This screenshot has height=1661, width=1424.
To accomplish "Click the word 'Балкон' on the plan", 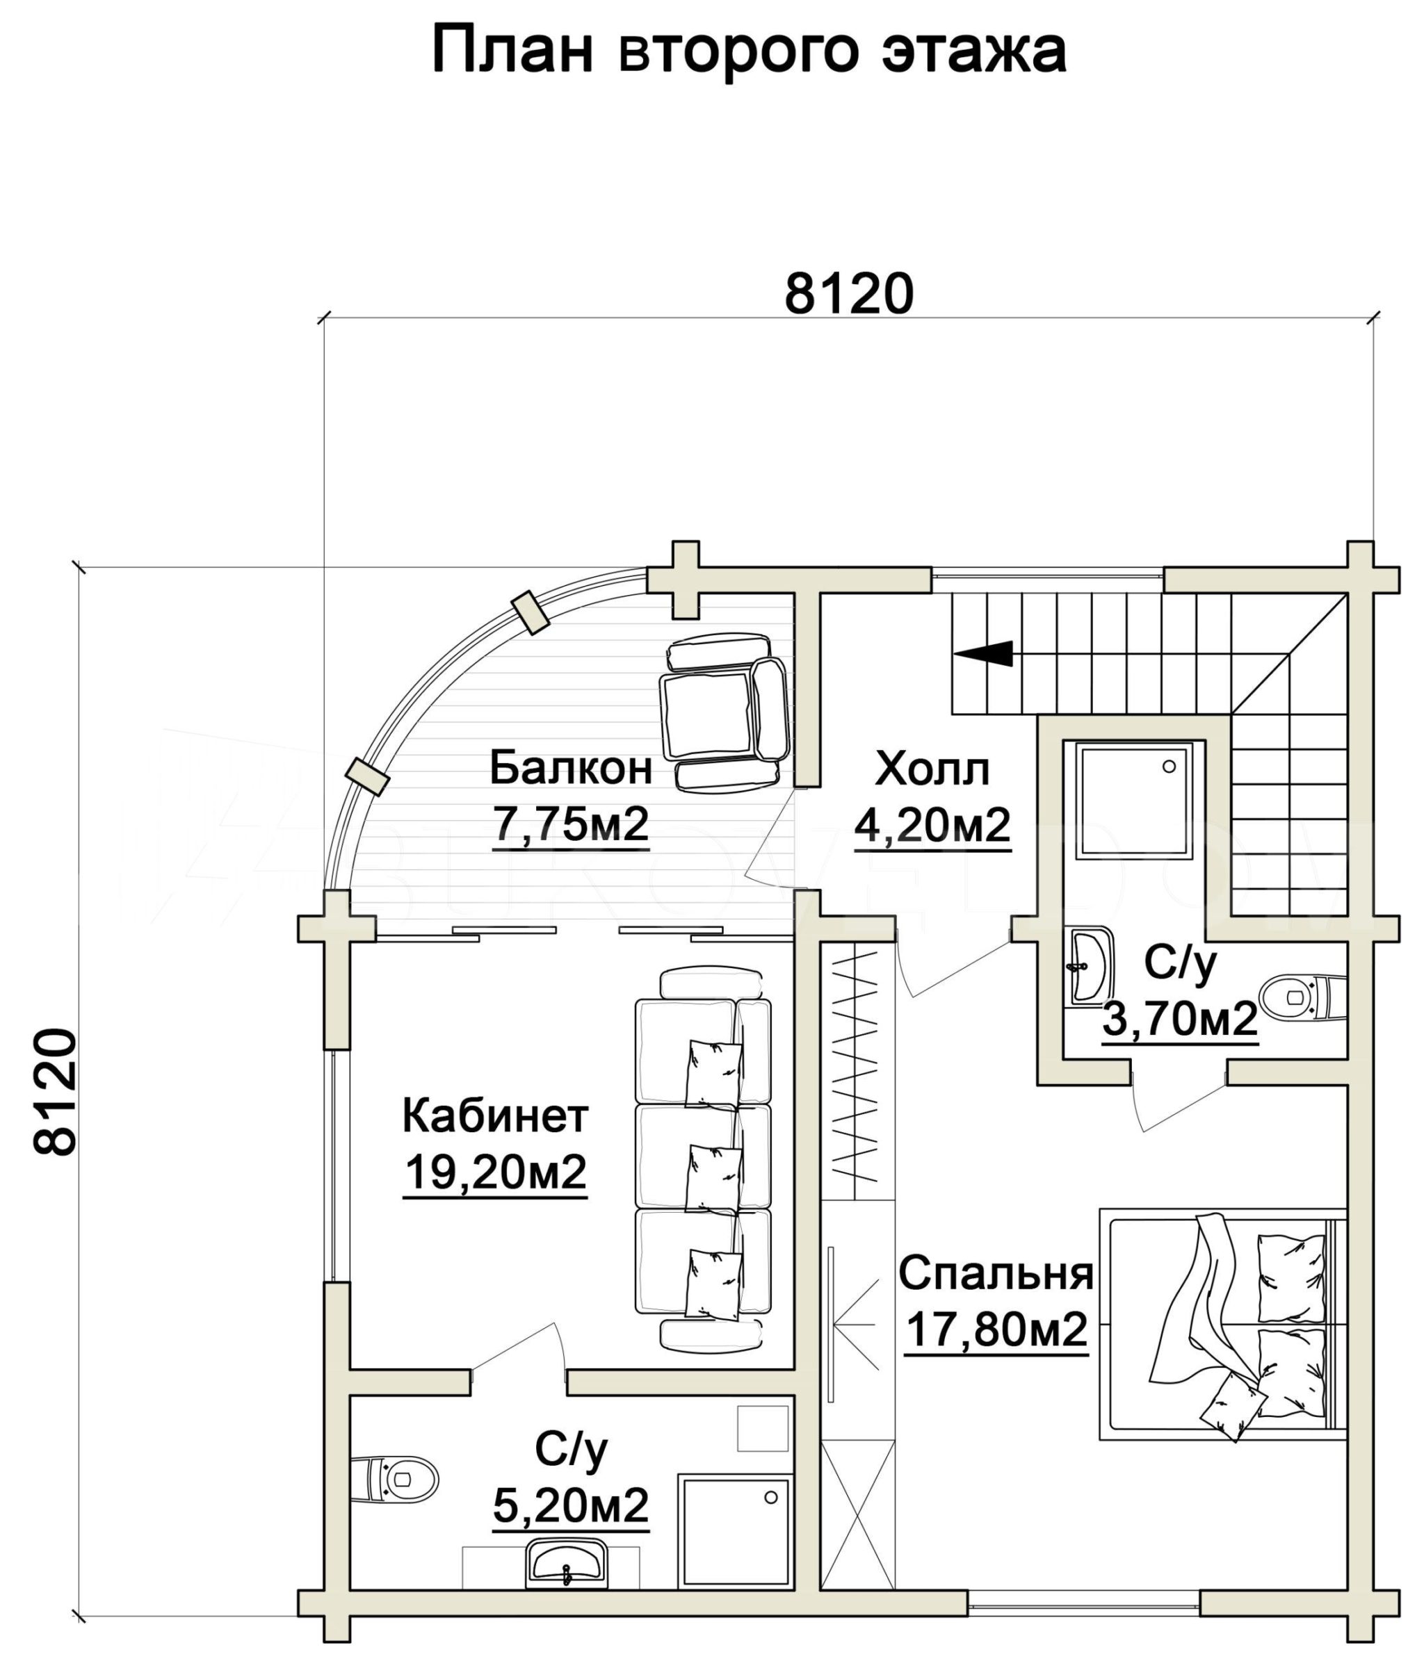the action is click(570, 768).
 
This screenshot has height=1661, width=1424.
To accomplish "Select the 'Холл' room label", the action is click(932, 768).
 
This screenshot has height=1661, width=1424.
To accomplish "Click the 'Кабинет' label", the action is click(496, 1116).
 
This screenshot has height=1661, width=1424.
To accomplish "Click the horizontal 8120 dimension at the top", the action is click(849, 293).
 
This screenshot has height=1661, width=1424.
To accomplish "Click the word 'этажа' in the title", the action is click(974, 50).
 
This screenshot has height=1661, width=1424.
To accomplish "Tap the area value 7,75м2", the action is click(570, 825).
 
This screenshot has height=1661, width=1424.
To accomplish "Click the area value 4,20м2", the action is click(932, 825).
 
